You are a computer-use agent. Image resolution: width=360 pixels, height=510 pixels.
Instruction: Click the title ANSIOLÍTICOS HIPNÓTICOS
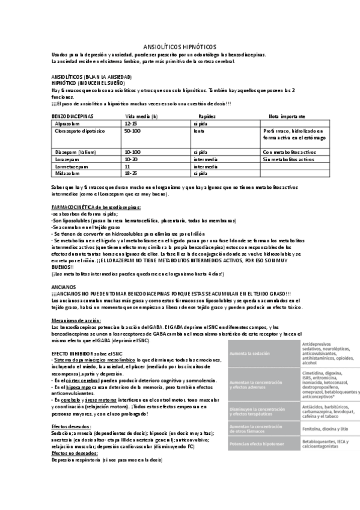(180, 47)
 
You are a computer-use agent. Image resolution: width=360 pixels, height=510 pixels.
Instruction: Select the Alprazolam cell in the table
(69, 123)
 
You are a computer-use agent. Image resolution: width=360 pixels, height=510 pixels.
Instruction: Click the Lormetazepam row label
(71, 166)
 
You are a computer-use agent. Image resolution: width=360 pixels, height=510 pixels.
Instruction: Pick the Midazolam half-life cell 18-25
(131, 173)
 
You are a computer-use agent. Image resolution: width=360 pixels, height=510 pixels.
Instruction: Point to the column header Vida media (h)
(142, 115)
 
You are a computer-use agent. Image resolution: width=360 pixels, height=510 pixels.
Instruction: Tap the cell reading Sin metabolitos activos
(288, 159)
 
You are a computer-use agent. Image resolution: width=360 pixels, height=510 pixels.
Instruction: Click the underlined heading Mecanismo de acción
(75, 320)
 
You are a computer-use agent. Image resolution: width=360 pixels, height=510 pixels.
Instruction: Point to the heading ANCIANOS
(64, 287)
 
